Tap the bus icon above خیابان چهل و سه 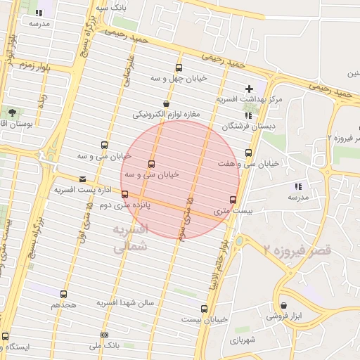point(179,68)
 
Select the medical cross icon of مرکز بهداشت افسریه point(249,89)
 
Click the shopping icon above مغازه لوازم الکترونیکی point(166,103)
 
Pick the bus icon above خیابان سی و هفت point(248,153)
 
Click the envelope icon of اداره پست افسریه point(83,179)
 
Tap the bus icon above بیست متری point(233,200)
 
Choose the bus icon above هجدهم point(64,295)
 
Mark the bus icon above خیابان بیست point(205,309)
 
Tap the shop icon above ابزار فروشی point(284,306)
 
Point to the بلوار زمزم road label point(32,64)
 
